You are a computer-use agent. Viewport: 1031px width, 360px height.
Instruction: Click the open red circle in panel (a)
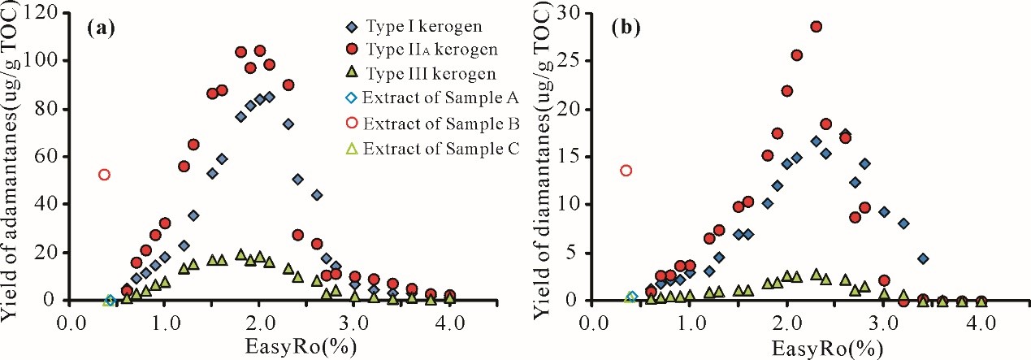point(104,175)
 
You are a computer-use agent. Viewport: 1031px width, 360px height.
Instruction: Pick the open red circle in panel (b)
point(626,171)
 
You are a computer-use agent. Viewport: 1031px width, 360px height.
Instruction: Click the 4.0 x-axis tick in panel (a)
point(449,321)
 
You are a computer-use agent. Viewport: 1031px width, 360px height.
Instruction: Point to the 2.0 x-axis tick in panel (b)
point(786,321)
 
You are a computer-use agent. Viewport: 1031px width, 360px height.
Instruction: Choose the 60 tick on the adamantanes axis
point(51,156)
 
